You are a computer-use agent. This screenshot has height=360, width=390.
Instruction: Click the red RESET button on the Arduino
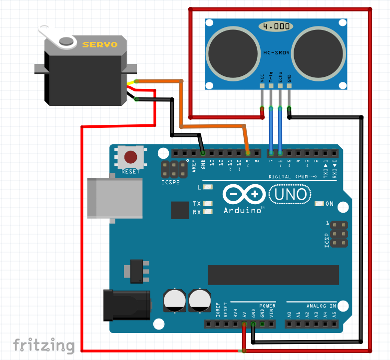pyautogui.click(x=131, y=157)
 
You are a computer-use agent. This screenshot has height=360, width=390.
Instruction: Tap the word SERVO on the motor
pyautogui.click(x=100, y=44)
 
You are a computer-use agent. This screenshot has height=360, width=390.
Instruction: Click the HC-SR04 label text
pyautogui.click(x=277, y=52)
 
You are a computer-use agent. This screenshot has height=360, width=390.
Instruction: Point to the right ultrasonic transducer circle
pyautogui.click(x=319, y=52)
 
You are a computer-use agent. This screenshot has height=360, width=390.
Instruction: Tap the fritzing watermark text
pyautogui.click(x=44, y=345)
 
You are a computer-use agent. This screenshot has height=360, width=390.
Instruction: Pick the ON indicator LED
pyautogui.click(x=319, y=204)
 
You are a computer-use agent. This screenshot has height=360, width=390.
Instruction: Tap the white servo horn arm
pyautogui.click(x=57, y=37)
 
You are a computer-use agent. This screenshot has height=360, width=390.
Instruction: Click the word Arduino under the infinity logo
pyautogui.click(x=243, y=210)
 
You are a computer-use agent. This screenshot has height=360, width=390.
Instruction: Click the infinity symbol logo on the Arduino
pyautogui.click(x=244, y=194)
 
